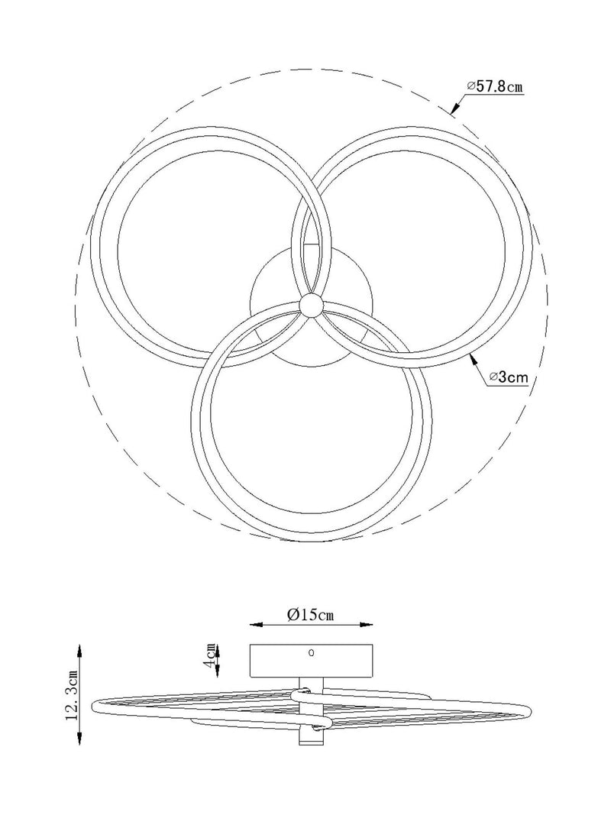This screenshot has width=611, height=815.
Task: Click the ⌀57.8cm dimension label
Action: click(x=494, y=86)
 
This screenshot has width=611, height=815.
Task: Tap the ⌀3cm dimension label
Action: click(x=509, y=377)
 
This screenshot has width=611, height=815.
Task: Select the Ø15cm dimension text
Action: click(x=311, y=615)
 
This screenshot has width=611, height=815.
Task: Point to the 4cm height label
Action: click(x=209, y=658)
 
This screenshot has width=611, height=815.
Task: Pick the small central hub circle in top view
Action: click(x=310, y=303)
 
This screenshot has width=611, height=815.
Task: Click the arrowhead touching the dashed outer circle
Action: click(x=454, y=108)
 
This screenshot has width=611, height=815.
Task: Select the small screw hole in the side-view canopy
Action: click(x=311, y=653)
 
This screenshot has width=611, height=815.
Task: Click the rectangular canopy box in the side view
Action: click(x=311, y=661)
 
